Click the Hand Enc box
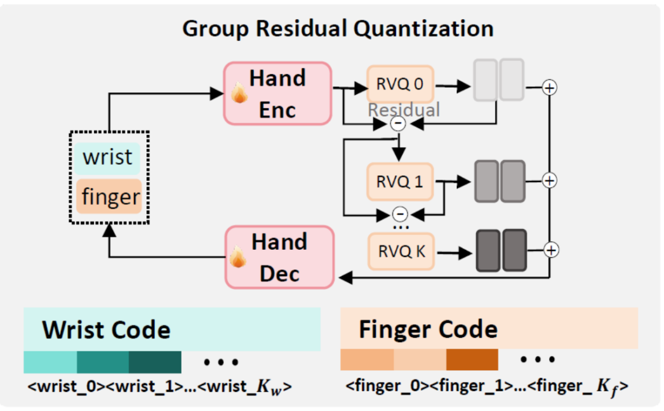tap(277, 94)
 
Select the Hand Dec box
tap(280, 257)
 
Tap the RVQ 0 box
tap(400, 84)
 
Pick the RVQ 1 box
tap(400, 182)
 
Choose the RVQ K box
tap(401, 251)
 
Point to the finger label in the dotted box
tap(109, 197)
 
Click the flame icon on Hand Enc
tap(239, 92)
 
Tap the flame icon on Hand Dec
tap(238, 257)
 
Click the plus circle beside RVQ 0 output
tap(550, 88)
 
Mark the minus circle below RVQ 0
tap(398, 124)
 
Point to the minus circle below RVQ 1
tap(400, 214)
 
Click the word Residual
tap(404, 110)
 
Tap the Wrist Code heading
tap(106, 330)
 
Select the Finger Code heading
tap(428, 329)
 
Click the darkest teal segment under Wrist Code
tap(155, 362)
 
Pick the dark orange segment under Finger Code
tap(472, 360)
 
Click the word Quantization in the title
tap(424, 29)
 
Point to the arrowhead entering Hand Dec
tap(346, 278)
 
